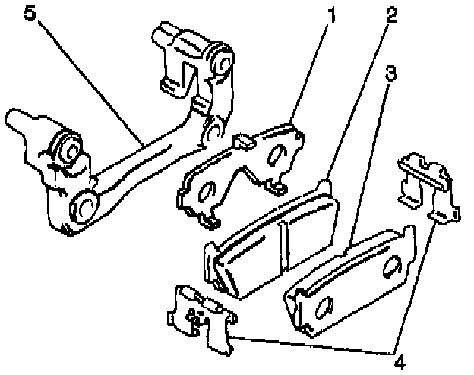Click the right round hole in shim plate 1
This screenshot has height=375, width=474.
pos(277,154)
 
